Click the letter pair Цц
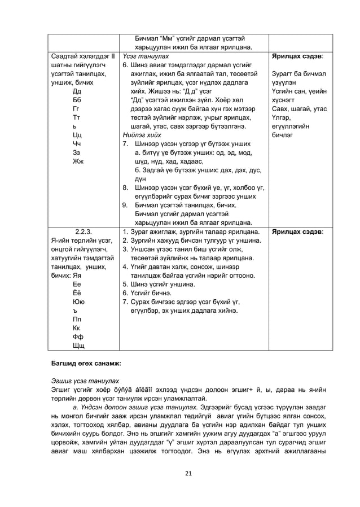tap(77, 135)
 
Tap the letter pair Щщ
tap(77, 346)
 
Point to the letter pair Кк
tap(77, 327)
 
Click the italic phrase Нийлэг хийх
tap(142, 135)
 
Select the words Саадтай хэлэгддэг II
tap(83, 56)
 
